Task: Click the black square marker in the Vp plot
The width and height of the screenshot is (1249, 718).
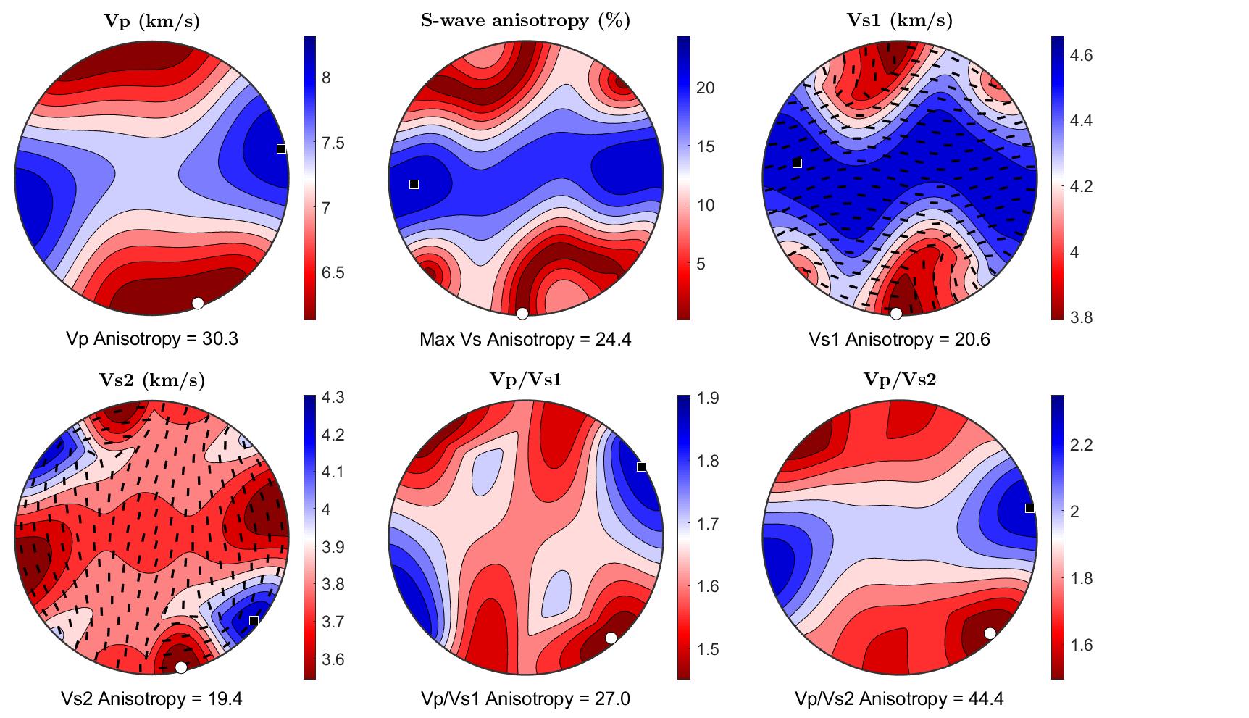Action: click(x=281, y=149)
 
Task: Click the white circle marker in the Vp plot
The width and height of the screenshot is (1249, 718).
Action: click(x=198, y=303)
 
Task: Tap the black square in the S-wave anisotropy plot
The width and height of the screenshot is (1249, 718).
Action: click(x=414, y=184)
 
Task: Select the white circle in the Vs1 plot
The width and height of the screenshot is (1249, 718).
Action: click(x=895, y=313)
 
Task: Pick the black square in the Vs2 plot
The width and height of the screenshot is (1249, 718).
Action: click(x=254, y=620)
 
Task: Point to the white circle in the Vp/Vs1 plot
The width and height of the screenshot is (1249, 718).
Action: click(x=611, y=638)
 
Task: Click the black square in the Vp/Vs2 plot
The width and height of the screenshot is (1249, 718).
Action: click(x=1029, y=508)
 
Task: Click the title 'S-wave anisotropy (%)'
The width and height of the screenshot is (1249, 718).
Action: click(x=525, y=20)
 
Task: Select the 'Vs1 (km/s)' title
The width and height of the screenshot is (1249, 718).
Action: click(x=899, y=20)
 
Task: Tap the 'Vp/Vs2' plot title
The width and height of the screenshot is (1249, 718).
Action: click(x=899, y=379)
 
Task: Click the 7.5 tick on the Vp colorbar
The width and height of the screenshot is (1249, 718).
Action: click(x=333, y=143)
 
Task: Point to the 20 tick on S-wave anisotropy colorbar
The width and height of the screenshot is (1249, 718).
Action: click(x=705, y=88)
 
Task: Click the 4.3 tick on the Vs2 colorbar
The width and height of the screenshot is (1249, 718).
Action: click(x=333, y=398)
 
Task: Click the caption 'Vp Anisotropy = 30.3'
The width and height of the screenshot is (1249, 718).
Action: click(x=152, y=338)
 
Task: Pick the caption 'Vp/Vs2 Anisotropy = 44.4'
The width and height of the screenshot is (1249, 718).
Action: click(x=899, y=698)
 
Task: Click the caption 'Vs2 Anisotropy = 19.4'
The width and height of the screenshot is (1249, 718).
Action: click(x=152, y=698)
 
